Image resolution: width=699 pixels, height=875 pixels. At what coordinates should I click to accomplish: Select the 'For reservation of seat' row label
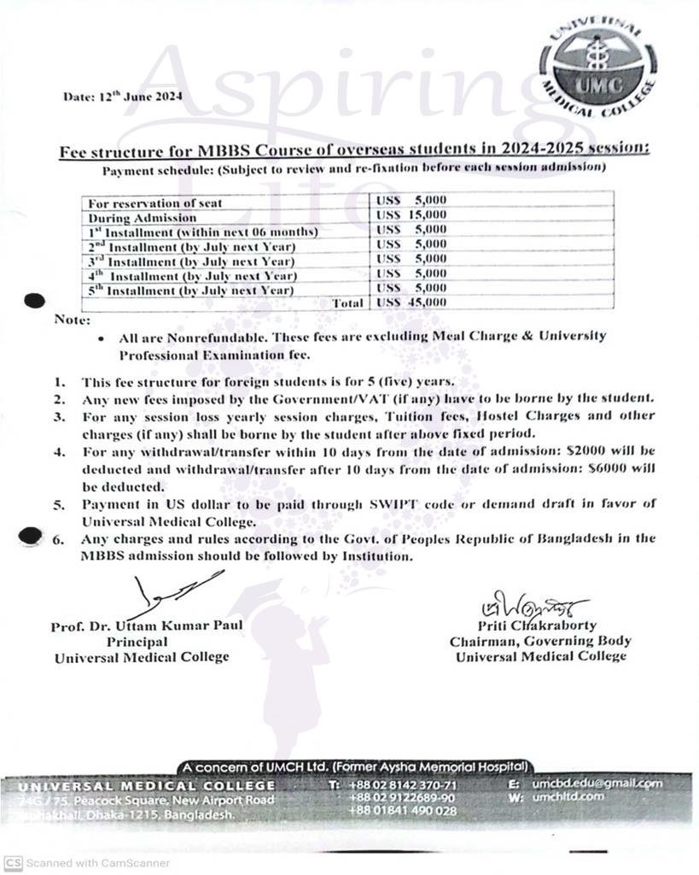tap(154, 203)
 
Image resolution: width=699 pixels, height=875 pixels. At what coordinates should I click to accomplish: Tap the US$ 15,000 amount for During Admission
tap(411, 215)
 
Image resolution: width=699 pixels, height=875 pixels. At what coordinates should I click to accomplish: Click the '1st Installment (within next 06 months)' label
tap(203, 232)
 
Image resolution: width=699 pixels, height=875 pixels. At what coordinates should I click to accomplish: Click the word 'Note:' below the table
tap(72, 320)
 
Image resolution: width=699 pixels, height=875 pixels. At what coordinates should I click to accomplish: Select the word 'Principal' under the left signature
tap(137, 641)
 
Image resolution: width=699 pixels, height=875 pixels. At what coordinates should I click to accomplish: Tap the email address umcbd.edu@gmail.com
tap(597, 784)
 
